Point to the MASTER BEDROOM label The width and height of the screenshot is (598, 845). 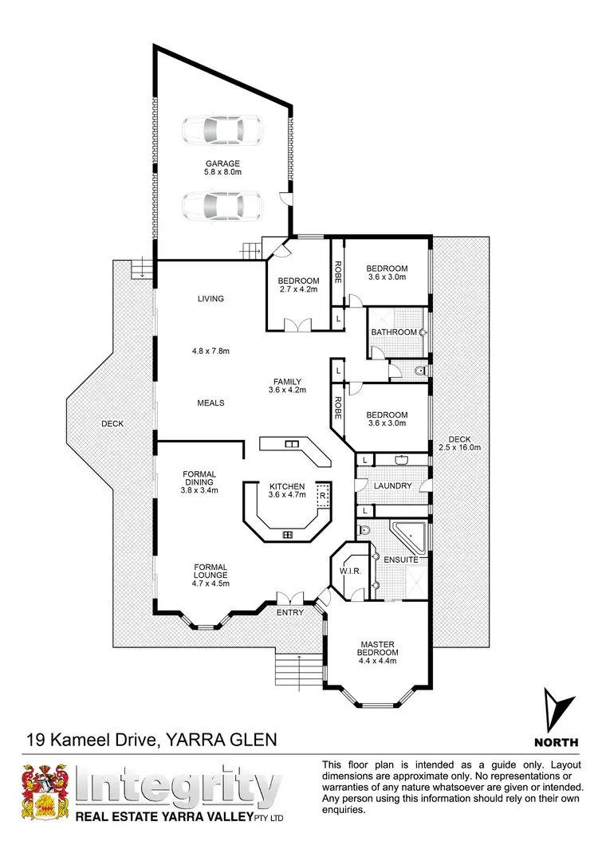click(379, 649)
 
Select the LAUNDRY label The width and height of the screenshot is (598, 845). click(392, 485)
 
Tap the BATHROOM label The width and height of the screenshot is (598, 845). click(394, 332)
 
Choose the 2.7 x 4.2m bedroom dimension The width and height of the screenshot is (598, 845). click(298, 291)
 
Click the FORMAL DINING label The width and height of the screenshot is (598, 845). click(199, 479)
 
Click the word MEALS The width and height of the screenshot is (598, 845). click(211, 403)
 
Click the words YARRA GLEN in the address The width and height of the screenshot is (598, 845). click(222, 740)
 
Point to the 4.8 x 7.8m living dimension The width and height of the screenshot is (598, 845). click(211, 349)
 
